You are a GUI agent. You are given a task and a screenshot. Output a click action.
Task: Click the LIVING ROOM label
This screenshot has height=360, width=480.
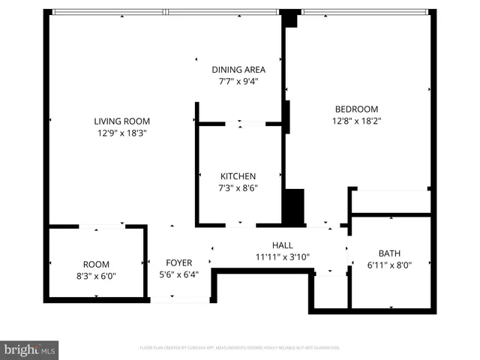pyautogui.click(x=121, y=121)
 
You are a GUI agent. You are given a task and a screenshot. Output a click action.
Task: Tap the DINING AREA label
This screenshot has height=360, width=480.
pyautogui.click(x=238, y=69)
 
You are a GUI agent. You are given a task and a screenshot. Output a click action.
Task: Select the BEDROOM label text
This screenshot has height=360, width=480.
pyautogui.click(x=355, y=109)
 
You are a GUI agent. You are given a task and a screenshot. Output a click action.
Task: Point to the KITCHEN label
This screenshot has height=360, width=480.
pyautogui.click(x=238, y=175)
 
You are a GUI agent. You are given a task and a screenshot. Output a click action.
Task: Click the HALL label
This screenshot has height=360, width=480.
pyautogui.click(x=282, y=245)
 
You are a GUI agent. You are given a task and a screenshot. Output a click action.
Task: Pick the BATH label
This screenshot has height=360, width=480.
pyautogui.click(x=389, y=253)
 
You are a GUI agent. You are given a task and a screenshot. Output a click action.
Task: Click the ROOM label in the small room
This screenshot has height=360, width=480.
pyautogui.click(x=96, y=264)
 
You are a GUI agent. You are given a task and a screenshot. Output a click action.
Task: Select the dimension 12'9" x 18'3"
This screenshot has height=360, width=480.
pyautogui.click(x=121, y=133)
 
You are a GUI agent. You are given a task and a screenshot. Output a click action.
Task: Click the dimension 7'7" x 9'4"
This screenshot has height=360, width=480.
pyautogui.click(x=238, y=81)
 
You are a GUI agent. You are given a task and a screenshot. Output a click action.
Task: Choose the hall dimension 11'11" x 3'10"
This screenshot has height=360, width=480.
pyautogui.click(x=282, y=256)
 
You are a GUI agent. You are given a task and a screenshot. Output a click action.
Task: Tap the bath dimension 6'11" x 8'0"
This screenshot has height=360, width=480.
pyautogui.click(x=389, y=265)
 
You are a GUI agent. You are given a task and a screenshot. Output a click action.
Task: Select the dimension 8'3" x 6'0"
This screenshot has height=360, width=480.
pyautogui.click(x=96, y=276)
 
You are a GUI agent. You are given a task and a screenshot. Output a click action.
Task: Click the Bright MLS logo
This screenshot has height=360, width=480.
pyautogui.click(x=29, y=349)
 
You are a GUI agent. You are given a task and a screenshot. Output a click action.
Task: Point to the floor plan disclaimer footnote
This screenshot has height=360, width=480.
pyautogui.click(x=240, y=348)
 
